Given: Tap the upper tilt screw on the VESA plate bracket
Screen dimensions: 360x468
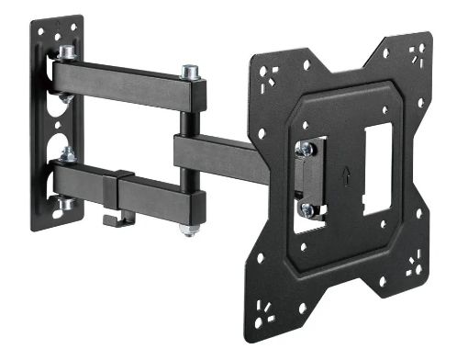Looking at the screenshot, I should pos(306,149).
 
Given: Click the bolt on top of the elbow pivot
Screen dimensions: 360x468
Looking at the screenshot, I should pos(191,71).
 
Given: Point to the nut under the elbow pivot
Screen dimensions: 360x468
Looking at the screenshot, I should pos(189,228).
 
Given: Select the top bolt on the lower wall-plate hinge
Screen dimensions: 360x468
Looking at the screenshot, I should pos(67,152).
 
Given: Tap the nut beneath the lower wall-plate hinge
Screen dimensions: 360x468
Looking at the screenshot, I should pos(66,203).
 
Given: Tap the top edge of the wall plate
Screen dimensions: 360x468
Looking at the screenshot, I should pos(56,20).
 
